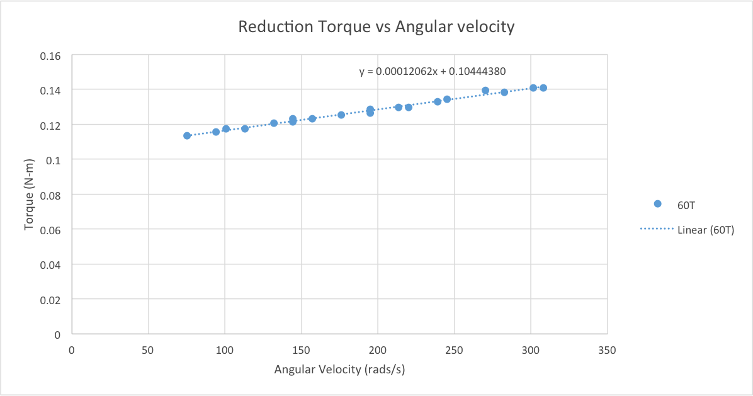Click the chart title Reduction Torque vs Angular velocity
376,27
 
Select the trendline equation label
433,72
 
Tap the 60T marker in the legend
658,204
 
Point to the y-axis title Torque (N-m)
28,195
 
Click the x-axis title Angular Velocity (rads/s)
339,370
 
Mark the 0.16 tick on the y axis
50,56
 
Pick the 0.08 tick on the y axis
50,195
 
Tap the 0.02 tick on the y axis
50,300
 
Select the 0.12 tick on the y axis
50,125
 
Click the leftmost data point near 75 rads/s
187,136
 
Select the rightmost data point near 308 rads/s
543,88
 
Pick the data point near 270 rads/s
485,91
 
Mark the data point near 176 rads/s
341,115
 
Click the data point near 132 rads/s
274,123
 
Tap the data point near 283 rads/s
504,93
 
